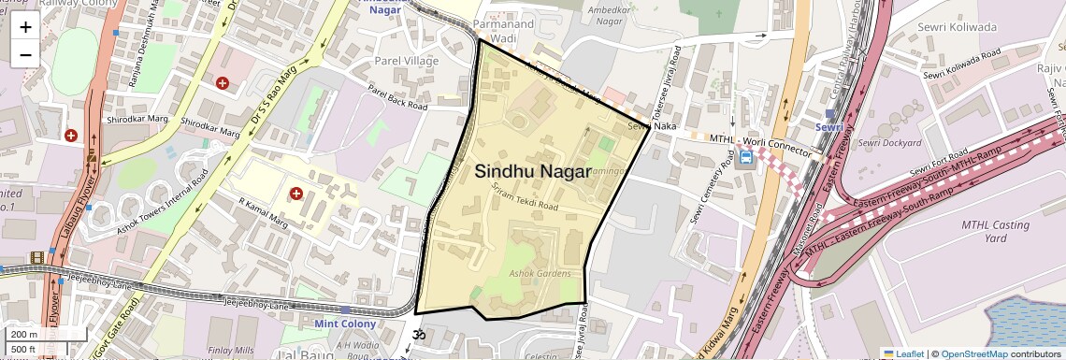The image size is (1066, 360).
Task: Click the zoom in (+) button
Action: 25,27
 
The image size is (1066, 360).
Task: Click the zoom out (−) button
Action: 25,53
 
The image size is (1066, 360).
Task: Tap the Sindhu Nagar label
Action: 533,171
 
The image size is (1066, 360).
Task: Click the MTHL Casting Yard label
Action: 995,232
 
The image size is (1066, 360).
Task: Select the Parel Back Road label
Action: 396,98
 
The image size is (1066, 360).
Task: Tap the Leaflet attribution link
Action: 902,353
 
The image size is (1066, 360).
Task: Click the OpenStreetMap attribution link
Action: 974,353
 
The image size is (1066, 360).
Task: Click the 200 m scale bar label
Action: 24,335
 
